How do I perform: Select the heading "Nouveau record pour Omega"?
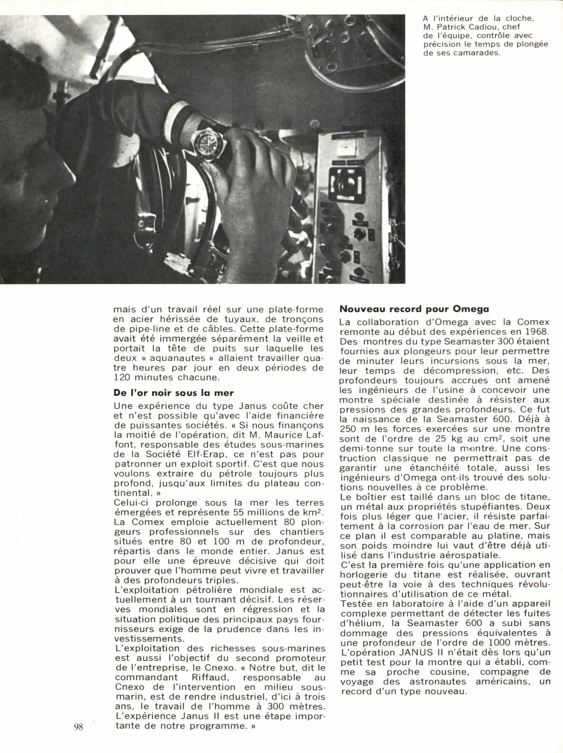pos(414,309)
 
